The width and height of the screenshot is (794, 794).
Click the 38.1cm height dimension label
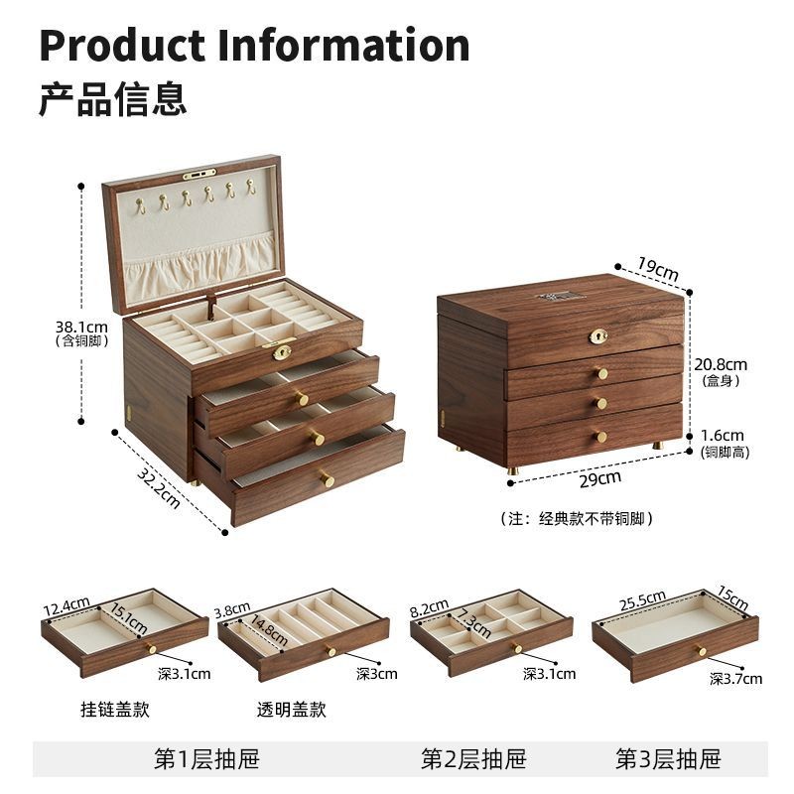[81, 328]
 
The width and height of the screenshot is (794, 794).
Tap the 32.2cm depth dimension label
[159, 488]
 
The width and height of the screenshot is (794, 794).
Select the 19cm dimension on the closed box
[657, 269]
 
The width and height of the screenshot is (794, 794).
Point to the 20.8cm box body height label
[721, 364]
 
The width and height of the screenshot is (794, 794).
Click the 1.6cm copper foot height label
[723, 436]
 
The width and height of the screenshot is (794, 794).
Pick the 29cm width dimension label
[600, 478]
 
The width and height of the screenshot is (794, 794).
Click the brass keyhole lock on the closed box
[598, 336]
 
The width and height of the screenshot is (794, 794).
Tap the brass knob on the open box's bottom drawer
[328, 479]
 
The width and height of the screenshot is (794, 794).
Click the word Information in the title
[343, 46]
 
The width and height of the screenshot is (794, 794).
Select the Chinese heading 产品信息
[113, 98]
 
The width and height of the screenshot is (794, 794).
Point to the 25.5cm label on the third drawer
[642, 600]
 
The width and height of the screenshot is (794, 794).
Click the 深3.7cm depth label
[735, 679]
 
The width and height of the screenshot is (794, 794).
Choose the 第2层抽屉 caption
[473, 759]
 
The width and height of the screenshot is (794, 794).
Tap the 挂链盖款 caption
[115, 710]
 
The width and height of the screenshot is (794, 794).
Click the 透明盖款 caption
[291, 710]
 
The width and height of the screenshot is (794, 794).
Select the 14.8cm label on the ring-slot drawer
[269, 630]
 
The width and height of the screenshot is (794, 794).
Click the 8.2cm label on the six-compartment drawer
[430, 607]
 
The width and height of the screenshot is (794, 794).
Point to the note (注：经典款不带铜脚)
[577, 518]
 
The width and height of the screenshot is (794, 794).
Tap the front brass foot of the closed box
[513, 469]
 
